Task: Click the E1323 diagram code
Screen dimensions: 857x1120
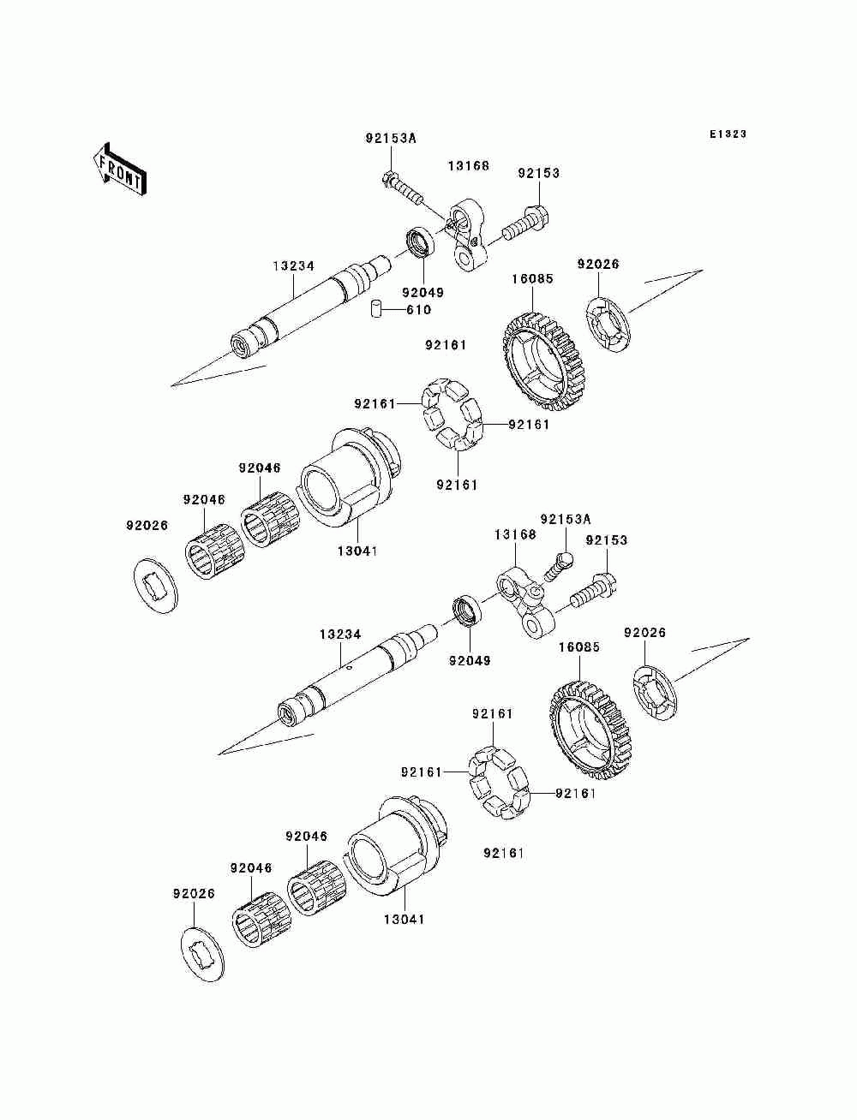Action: (x=728, y=134)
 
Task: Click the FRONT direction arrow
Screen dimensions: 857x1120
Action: (x=119, y=169)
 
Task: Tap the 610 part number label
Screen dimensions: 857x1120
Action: (x=418, y=310)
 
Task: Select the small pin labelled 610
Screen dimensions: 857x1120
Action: (x=376, y=309)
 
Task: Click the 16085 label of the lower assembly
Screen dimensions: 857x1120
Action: (x=579, y=647)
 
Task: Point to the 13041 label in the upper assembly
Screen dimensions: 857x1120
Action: (x=357, y=551)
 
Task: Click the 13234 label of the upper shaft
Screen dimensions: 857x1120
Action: (x=293, y=265)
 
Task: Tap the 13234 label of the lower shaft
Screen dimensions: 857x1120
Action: (x=340, y=634)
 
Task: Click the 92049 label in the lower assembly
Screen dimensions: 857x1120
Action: (x=470, y=660)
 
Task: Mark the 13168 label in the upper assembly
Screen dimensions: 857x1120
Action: (x=468, y=165)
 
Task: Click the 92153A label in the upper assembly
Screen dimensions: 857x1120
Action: (x=391, y=138)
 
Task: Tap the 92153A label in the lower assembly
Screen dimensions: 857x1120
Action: (x=566, y=520)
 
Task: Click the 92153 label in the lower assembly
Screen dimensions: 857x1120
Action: (x=606, y=539)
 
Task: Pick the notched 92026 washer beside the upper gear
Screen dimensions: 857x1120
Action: (x=608, y=325)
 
